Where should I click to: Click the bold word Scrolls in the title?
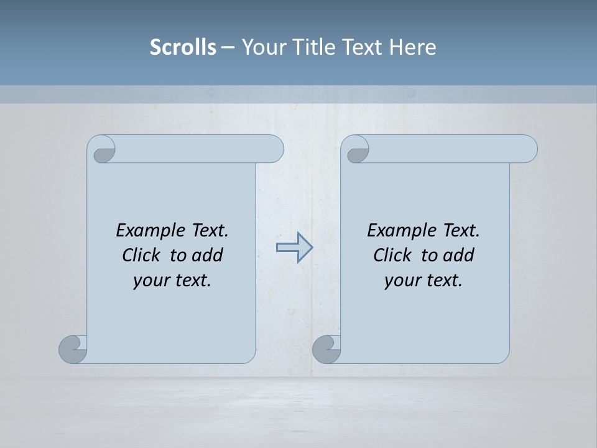183,47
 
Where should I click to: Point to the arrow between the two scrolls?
294,248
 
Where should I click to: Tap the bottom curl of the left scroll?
73,349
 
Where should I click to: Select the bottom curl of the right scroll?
326,349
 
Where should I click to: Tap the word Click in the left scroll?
141,255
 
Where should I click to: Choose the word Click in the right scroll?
392,255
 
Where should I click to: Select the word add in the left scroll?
208,255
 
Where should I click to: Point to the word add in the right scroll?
460,255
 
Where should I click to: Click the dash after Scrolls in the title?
228,47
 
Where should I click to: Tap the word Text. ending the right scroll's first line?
461,231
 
